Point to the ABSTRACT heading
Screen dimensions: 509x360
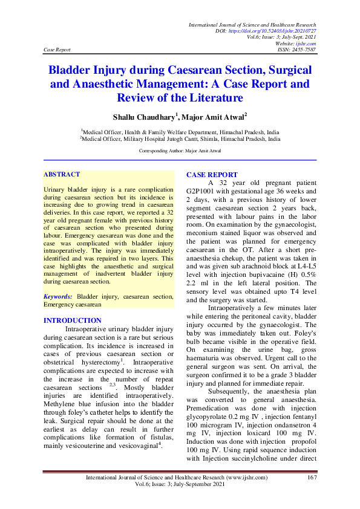pyautogui.click(x=62, y=175)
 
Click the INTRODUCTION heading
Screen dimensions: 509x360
pyautogui.click(x=73, y=320)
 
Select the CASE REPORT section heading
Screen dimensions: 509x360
pyautogui.click(x=212, y=175)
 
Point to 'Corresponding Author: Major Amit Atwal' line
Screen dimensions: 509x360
pyautogui.click(x=180, y=150)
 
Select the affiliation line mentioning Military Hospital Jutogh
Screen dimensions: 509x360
pyautogui.click(x=180, y=138)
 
